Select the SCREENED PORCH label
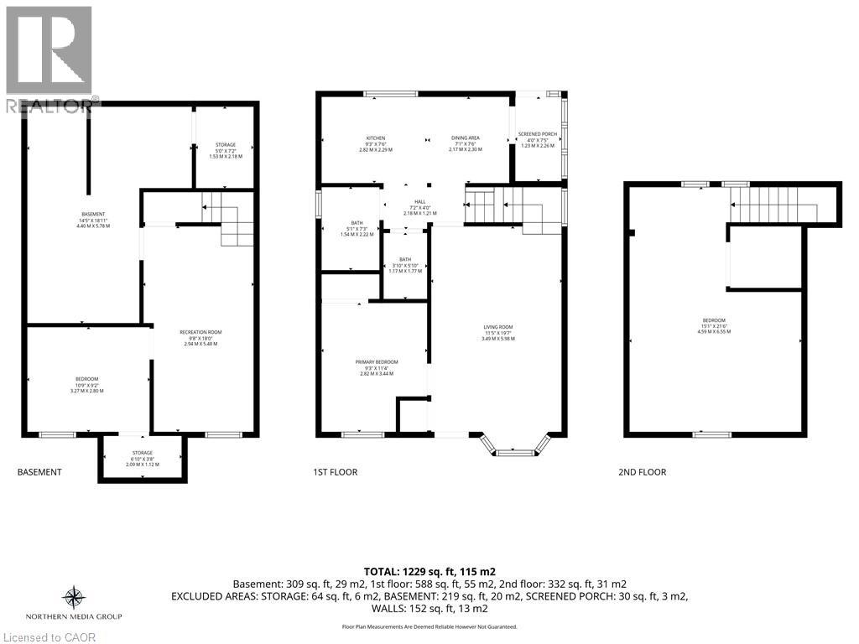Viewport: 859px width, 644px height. coord(537,138)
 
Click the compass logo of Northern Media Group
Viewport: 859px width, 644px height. coord(74,597)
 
